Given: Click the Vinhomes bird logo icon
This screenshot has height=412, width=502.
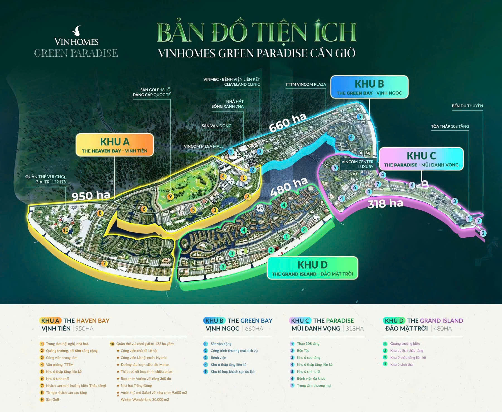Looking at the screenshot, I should click(x=77, y=31).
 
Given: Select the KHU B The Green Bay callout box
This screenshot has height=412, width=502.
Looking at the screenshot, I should click(x=369, y=87).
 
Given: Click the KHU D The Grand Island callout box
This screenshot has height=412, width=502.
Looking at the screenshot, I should click(x=312, y=268).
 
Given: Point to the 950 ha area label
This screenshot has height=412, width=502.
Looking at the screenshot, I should click(x=91, y=195).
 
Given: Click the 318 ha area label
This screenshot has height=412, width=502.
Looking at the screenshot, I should click(x=385, y=204).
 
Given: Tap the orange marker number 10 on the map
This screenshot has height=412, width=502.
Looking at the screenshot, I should click(x=66, y=230).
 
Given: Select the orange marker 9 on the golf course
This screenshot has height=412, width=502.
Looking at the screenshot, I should click(x=170, y=196).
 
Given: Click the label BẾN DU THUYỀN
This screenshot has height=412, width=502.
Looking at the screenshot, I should click(x=467, y=106).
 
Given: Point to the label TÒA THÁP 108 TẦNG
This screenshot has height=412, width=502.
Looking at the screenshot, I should click(x=450, y=126).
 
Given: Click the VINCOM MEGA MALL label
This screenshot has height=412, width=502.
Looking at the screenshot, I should click(x=204, y=146).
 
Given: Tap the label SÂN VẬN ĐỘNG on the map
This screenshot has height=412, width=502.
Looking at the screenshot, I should click(x=216, y=126).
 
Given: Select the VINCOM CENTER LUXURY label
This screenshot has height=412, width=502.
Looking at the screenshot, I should click(x=357, y=164).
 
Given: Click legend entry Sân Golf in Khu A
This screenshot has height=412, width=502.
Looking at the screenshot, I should click(x=52, y=399).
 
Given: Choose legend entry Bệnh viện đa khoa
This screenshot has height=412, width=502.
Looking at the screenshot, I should click(x=311, y=379).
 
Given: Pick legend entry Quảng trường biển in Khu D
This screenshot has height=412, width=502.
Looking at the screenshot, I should click(x=405, y=344).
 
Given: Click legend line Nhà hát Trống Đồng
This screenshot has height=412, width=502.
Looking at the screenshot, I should click(x=136, y=386).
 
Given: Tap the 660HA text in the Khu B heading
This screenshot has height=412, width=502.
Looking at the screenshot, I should click(x=254, y=329).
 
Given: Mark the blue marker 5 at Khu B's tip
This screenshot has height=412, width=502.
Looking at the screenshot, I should click(x=359, y=117).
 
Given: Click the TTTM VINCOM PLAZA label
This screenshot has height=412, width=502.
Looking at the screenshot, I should click(x=306, y=84).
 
